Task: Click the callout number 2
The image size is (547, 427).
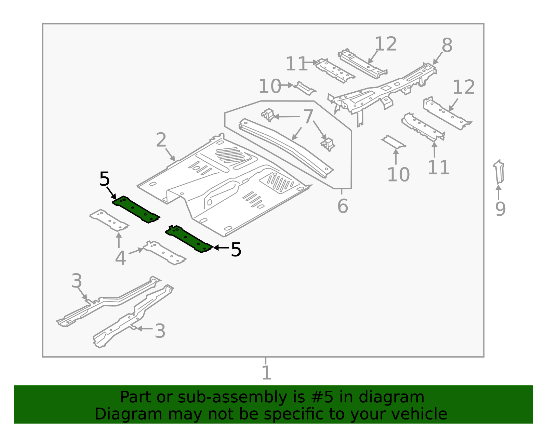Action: pos(161,141)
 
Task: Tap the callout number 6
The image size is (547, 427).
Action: pos(343,206)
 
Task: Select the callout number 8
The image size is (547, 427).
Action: pos(447,45)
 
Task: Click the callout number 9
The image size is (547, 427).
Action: pos(500,209)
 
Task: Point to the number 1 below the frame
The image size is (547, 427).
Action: pos(266,373)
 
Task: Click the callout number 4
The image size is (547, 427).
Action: pos(120,258)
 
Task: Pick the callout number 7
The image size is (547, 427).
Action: pos(308,117)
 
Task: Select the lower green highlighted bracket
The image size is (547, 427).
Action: pos(189,239)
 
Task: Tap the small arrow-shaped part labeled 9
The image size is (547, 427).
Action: pos(499,173)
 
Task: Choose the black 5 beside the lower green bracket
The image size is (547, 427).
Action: pos(236,250)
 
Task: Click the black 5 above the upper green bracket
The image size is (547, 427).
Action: pos(105,179)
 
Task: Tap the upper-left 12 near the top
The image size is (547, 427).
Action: pos(386,44)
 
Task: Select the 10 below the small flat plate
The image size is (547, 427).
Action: pos(398,175)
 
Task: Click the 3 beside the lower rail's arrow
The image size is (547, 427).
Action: pos(160,331)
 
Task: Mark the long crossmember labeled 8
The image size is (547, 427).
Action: pos(383,89)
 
